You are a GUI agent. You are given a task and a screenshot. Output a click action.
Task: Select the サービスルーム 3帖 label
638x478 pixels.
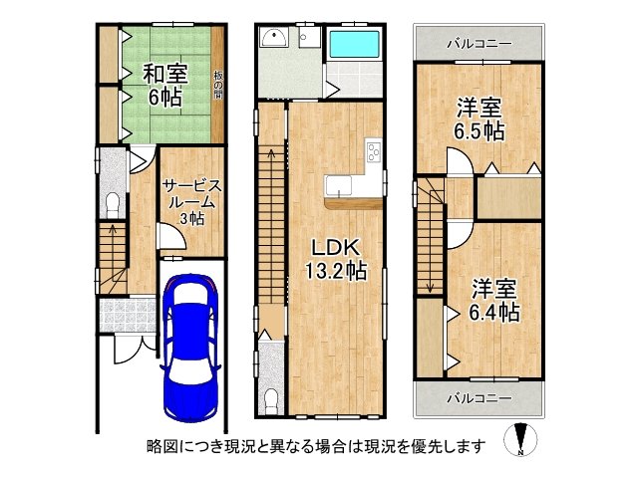pyautogui.click(x=191, y=202)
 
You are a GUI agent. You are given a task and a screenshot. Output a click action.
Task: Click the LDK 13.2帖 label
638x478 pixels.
pyautogui.click(x=334, y=258)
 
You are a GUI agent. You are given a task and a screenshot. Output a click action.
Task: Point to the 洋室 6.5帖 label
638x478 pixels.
pyautogui.click(x=479, y=118)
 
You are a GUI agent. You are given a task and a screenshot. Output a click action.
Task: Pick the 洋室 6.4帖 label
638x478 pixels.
pyautogui.click(x=493, y=299)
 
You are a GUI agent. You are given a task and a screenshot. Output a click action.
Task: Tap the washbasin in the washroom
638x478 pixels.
pyautogui.click(x=272, y=39)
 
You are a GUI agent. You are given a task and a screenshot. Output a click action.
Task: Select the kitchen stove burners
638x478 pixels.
pyautogui.click(x=374, y=152)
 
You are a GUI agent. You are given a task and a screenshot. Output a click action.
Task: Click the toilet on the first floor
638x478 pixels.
pyautogui.click(x=112, y=205)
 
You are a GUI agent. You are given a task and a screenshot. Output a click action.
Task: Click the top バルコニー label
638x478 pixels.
pyautogui.click(x=478, y=45)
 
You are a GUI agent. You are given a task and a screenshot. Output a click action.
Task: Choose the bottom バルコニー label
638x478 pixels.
pyautogui.click(x=478, y=397)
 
